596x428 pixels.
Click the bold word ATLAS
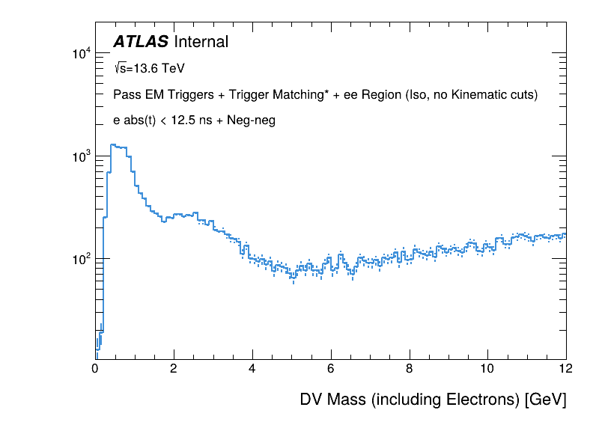pyautogui.click(x=140, y=43)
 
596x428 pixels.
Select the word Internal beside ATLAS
pyautogui.click(x=200, y=43)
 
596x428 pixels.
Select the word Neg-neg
pyautogui.click(x=251, y=120)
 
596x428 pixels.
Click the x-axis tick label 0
pyautogui.click(x=95, y=368)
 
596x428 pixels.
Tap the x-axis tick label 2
pyautogui.click(x=174, y=368)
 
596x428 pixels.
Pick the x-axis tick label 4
pyautogui.click(x=252, y=368)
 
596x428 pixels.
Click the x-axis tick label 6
pyautogui.click(x=331, y=368)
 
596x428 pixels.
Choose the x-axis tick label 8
pyautogui.click(x=410, y=368)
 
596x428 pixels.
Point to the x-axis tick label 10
pyautogui.click(x=487, y=368)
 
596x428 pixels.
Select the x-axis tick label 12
pyautogui.click(x=565, y=368)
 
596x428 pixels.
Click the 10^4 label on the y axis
pyautogui.click(x=81, y=54)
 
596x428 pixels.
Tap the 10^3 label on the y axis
pyautogui.click(x=81, y=156)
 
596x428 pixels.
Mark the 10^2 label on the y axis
pyautogui.click(x=81, y=259)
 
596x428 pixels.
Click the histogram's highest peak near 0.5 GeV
pyautogui.click(x=112, y=145)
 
